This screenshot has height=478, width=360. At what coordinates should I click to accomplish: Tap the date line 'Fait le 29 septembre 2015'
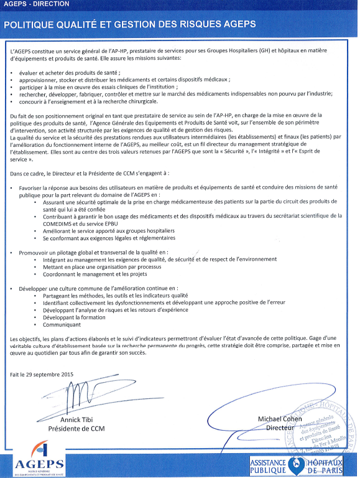pos(42,373)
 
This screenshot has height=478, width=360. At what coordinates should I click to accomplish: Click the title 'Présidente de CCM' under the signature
pos(76,429)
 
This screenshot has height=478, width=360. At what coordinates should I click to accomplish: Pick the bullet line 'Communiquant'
pos(62,325)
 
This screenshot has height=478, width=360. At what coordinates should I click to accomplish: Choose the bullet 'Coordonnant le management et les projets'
pos(95,274)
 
